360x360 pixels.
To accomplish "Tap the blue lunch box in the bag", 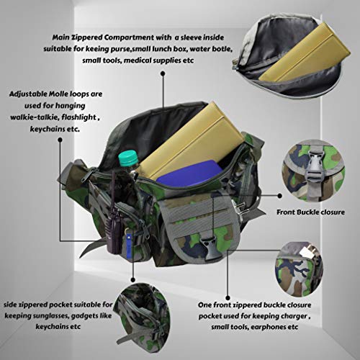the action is point(189,174).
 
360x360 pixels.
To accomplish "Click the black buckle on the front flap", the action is point(207,248).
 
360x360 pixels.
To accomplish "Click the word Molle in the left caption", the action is point(58,94).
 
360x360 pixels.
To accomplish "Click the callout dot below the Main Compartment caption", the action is point(163,73).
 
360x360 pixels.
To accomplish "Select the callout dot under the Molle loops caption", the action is point(60,140).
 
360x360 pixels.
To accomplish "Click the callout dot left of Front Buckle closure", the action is point(279,196).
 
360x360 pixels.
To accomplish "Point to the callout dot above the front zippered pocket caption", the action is point(228,298).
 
